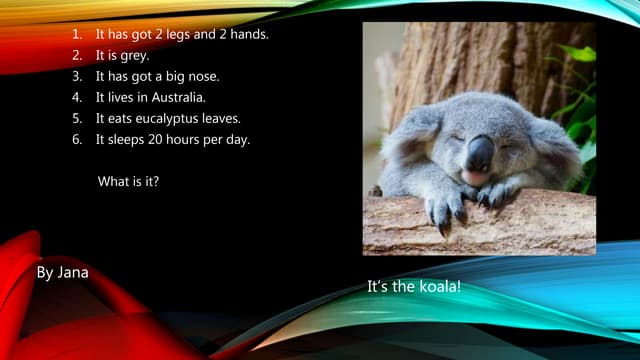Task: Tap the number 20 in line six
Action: coord(159,139)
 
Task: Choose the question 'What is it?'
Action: coord(128,182)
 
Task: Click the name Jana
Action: coord(73,271)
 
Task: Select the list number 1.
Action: coord(76,34)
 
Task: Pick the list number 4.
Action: coord(76,97)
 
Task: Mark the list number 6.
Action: coord(76,139)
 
